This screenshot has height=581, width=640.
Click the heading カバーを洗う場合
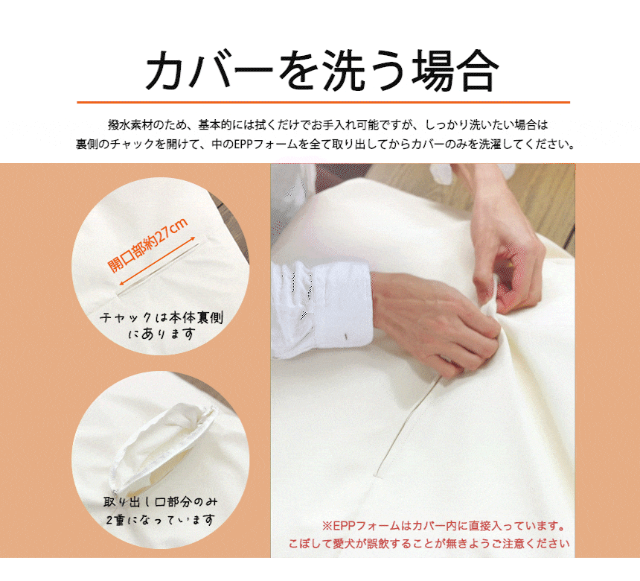322,70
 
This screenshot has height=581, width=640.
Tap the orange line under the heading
323,102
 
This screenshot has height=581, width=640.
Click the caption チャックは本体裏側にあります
161,326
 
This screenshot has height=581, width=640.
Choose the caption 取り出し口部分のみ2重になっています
161,510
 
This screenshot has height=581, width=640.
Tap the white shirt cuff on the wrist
322,310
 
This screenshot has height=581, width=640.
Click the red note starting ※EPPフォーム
444,526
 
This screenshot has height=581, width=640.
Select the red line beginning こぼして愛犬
429,544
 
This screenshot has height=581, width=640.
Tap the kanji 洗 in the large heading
344,70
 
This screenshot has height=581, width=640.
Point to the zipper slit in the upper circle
157,270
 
